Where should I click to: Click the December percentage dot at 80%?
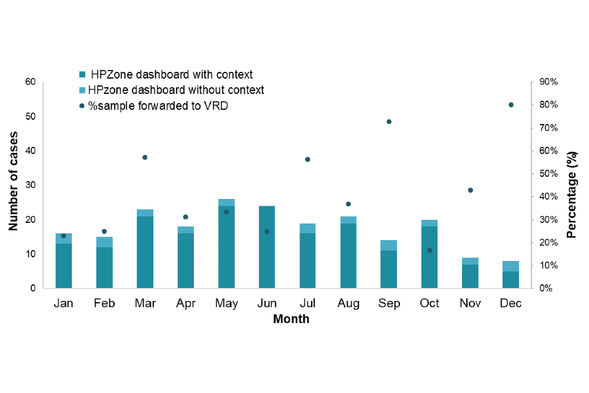tap(510, 105)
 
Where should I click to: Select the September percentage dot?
tap(389, 122)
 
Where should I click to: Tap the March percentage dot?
tap(145, 157)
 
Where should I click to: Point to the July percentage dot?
tap(307, 160)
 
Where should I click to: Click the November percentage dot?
tap(470, 190)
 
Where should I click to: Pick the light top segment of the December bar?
tap(510, 266)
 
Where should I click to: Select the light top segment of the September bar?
tap(389, 245)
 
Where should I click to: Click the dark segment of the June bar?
tap(267, 247)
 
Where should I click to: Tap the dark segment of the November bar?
tap(470, 276)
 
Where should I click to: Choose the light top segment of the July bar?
tap(307, 228)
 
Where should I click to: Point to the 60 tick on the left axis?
tap(30, 82)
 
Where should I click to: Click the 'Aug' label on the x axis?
tap(348, 303)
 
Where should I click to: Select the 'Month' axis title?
tap(291, 319)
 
